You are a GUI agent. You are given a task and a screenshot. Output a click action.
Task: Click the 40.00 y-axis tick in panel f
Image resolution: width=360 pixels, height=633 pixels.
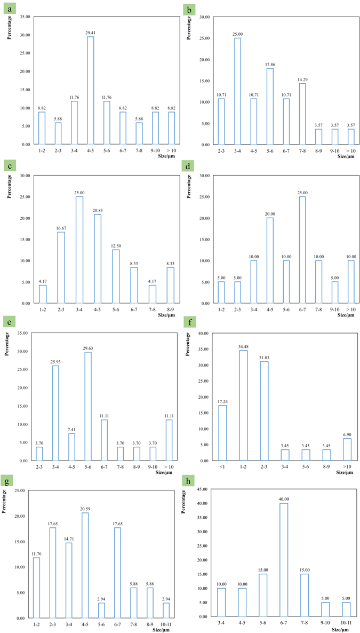(202, 334)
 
